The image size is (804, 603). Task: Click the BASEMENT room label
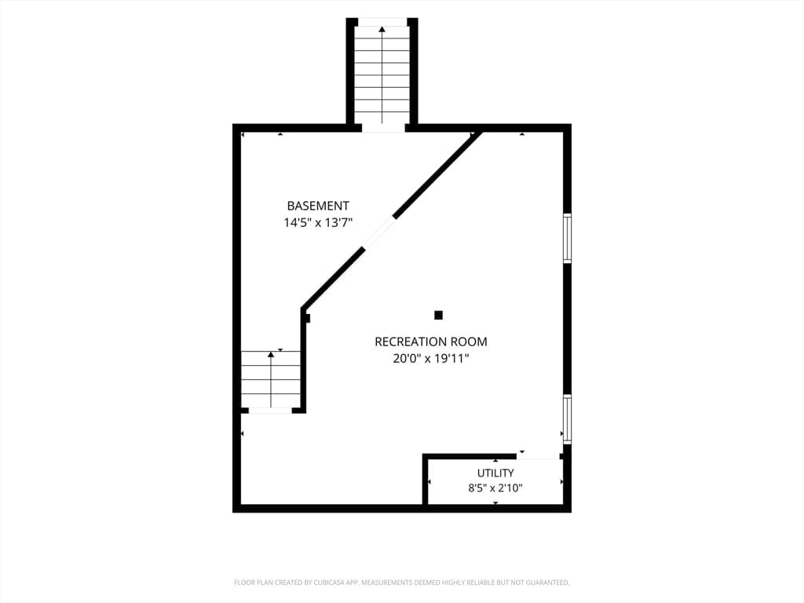318,206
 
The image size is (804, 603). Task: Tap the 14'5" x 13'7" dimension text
318,222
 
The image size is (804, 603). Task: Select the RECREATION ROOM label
431,342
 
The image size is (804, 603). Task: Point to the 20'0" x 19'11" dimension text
431,358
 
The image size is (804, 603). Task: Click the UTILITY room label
495,473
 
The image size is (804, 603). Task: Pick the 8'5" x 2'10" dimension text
495,488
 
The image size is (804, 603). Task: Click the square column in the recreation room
438,315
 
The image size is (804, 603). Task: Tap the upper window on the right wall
567,238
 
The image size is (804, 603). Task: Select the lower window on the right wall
567,418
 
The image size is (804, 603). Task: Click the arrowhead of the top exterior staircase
382,30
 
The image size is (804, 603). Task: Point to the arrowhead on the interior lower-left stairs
271,354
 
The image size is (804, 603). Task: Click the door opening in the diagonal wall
379,232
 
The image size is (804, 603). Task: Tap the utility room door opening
538,456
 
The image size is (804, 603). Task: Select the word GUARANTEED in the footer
550,583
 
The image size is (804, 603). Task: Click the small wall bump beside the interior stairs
308,318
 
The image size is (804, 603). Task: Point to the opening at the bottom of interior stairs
270,410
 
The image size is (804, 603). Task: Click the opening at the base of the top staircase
383,128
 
